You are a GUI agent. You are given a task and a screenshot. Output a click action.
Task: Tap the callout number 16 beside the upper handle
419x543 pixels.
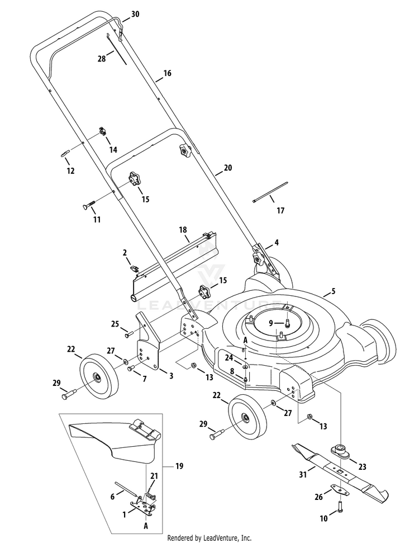[x=167, y=73]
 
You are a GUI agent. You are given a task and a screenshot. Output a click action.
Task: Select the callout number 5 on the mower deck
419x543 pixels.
[x=333, y=291]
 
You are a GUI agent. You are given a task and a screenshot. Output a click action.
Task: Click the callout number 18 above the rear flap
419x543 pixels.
[x=182, y=230]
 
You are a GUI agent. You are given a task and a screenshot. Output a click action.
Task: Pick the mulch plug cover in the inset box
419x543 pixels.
[x=115, y=441]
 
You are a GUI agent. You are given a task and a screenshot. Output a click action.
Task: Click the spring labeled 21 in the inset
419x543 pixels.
[x=150, y=492]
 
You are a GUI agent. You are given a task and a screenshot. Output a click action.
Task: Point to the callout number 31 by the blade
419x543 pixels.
[x=302, y=475]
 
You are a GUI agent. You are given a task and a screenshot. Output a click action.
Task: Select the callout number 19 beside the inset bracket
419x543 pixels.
[x=178, y=465]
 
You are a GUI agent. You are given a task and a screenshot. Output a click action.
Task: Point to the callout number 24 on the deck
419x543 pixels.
[x=229, y=357]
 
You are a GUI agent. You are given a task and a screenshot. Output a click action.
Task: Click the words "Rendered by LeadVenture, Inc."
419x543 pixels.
[x=209, y=538]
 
